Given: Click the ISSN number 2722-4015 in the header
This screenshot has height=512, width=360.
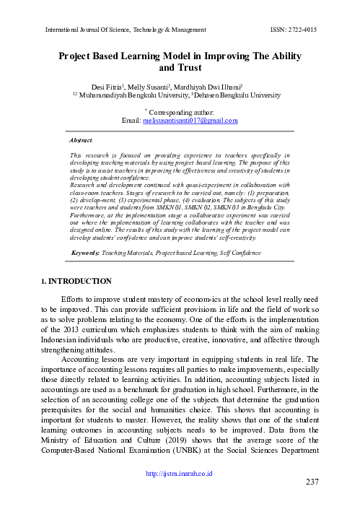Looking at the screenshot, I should click(x=299, y=29).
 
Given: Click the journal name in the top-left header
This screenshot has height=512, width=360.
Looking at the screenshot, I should click(x=126, y=29).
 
